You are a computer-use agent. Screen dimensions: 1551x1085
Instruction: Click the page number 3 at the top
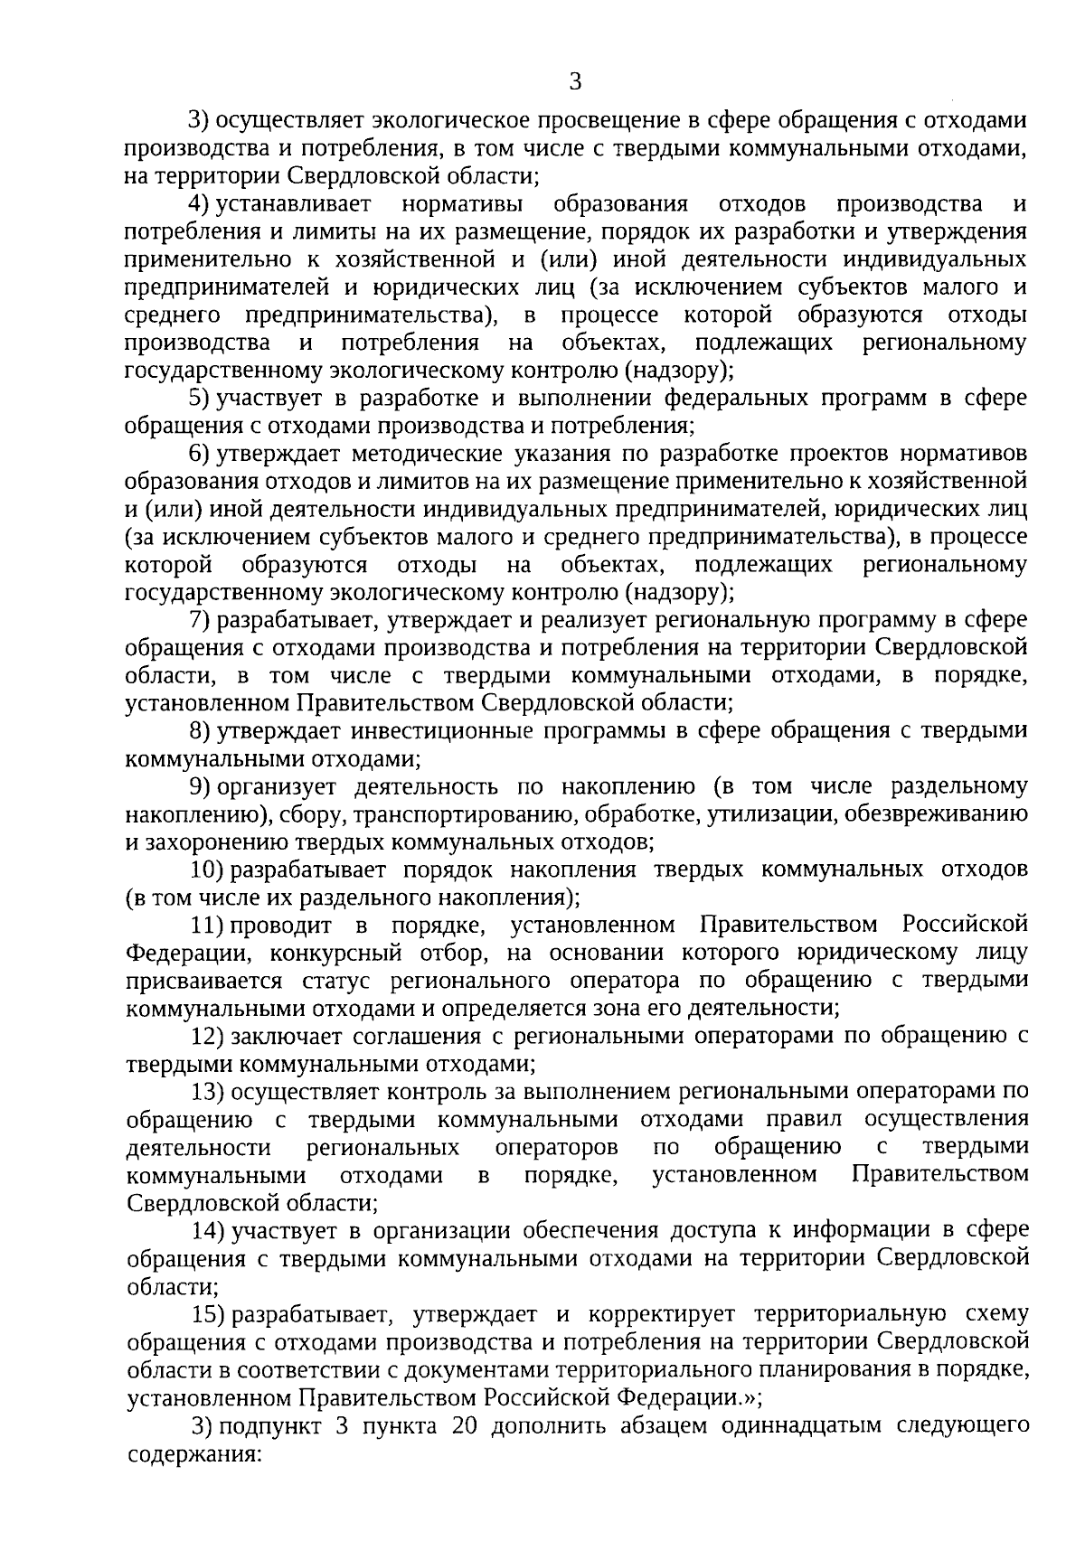575,83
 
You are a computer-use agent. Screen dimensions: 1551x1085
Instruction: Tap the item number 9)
202,786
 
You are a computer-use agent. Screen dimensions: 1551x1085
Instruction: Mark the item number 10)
207,869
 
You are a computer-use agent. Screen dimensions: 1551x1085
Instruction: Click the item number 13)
207,1092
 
